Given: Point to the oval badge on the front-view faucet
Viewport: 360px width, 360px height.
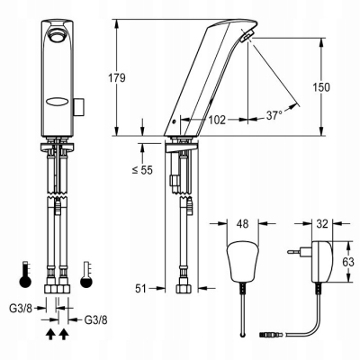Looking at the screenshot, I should (x=56, y=103).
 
